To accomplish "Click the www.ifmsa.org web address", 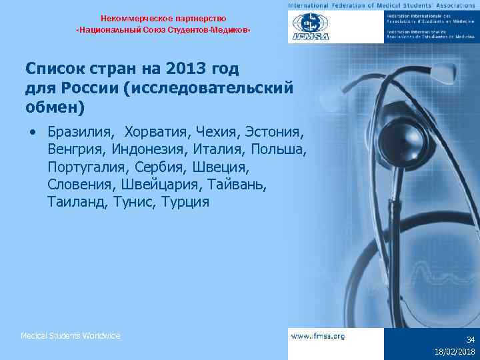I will point(318,337).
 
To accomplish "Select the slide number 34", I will point(470,339).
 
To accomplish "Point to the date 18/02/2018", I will point(453,351).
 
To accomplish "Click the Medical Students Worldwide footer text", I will point(70,336).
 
